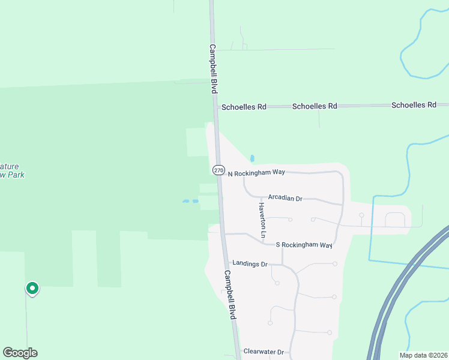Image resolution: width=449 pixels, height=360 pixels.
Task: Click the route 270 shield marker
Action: (218, 170)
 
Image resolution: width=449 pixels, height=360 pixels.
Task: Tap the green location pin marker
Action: (32, 289)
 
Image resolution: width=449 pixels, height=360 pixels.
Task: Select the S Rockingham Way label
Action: (304, 245)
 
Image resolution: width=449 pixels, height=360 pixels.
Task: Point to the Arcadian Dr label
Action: (285, 197)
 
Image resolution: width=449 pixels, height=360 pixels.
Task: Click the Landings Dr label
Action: (249, 263)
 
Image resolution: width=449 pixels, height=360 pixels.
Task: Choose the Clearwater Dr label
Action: (263, 352)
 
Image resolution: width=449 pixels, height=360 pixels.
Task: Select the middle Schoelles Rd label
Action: (315, 106)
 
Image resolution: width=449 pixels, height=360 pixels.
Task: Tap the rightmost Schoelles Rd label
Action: (414, 105)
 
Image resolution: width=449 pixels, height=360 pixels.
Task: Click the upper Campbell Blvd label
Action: (213, 68)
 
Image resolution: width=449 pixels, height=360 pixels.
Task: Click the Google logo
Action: (20, 353)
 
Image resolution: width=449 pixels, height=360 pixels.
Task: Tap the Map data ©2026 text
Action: (423, 355)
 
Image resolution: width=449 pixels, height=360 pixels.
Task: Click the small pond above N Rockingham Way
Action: (252, 158)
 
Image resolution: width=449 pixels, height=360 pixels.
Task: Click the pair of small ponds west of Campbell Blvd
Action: (190, 202)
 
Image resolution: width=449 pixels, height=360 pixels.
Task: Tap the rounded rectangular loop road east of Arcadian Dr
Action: (394, 220)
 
